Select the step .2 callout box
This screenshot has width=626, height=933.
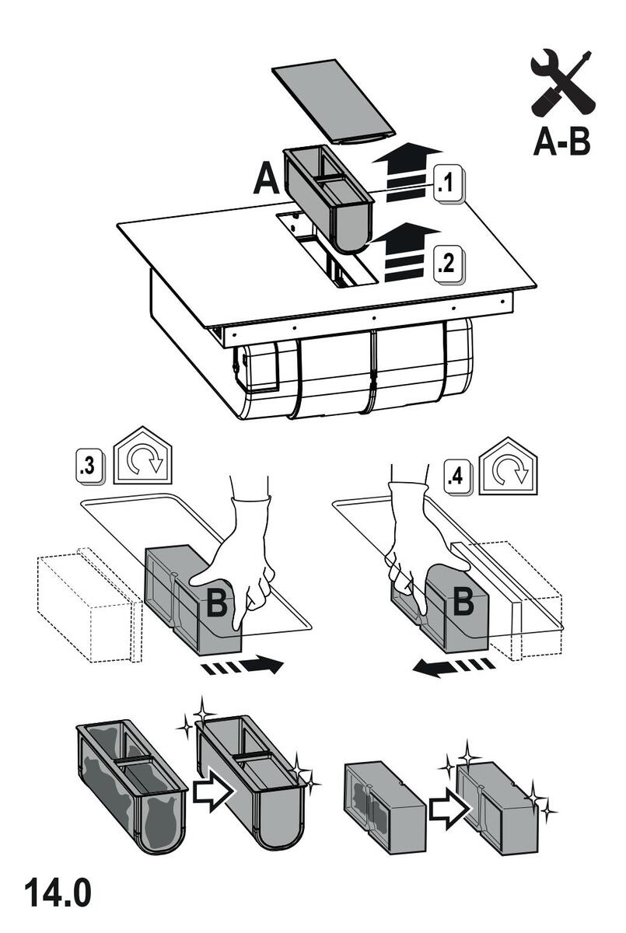point(447,262)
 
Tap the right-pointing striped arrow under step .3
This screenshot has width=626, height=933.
point(241,666)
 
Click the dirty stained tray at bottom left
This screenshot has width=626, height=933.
point(131,785)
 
